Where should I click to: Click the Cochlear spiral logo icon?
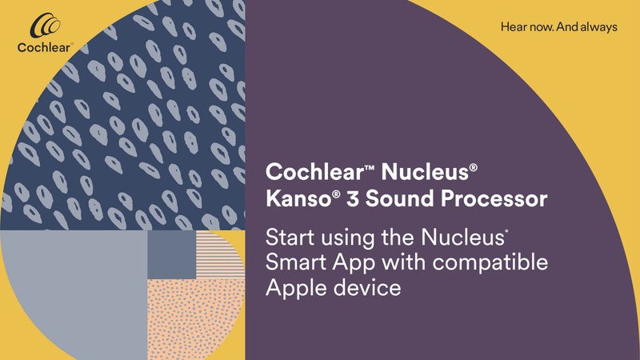click(x=43, y=28)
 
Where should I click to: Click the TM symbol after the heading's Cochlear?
click(x=352, y=166)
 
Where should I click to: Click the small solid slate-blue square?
click(x=171, y=255)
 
